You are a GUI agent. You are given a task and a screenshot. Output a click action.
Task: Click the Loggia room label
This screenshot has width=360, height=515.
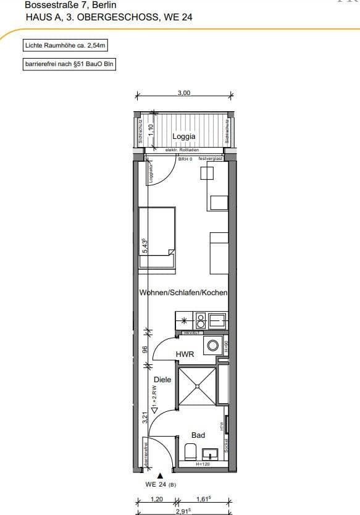click(184, 136)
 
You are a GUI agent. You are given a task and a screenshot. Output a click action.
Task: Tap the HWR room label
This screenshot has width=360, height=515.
click(185, 354)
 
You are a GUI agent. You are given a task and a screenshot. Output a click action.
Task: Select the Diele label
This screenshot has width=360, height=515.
click(162, 380)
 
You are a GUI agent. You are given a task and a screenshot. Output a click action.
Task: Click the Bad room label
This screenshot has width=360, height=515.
click(198, 435)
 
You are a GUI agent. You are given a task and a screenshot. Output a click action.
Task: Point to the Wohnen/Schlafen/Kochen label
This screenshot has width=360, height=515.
click(183, 293)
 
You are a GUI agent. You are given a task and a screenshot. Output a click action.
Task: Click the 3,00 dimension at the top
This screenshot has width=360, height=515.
click(184, 93)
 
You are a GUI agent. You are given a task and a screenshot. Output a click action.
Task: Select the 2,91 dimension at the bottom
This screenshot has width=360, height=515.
click(183, 511)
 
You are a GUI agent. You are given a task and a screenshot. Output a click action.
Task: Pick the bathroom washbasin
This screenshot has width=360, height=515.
click(210, 453)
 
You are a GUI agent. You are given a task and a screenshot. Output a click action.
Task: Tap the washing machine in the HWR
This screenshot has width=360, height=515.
click(214, 345)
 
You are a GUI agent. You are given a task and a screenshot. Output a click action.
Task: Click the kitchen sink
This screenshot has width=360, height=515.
click(217, 320)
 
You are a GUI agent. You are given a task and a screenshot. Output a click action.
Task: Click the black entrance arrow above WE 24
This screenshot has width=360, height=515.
click(161, 475)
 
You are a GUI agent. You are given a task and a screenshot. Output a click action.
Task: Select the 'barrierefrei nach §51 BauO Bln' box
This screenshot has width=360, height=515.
click(69, 64)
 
